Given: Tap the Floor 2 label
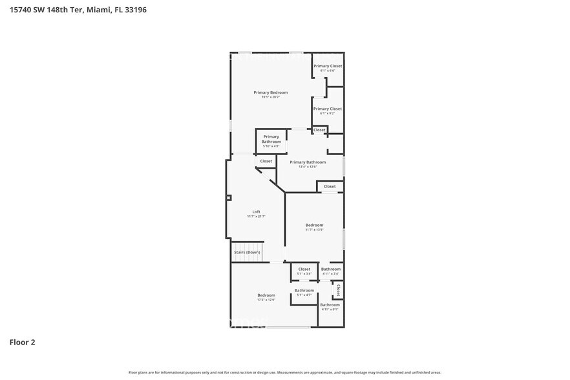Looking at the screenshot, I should click(x=22, y=342).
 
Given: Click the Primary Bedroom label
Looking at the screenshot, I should click(x=270, y=92).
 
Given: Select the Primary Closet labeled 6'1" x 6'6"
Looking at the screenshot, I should click(x=328, y=66).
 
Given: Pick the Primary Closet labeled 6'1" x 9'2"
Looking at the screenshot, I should click(x=328, y=109).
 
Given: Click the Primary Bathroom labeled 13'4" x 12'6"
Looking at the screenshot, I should click(x=308, y=162).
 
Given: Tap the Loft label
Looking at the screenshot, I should click(x=256, y=212).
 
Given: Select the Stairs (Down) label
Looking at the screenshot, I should click(x=248, y=252).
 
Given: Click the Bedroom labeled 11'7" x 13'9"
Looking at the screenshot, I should click(x=314, y=225).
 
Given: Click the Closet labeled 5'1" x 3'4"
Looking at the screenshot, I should click(x=304, y=269).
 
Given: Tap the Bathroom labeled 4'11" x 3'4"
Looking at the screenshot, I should click(x=331, y=269).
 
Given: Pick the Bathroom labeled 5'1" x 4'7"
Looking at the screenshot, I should click(x=304, y=290).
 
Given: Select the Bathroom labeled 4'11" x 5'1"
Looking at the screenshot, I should click(x=330, y=304).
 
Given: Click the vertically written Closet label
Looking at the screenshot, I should click(x=338, y=290).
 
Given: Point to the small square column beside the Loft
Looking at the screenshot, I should click(x=229, y=198).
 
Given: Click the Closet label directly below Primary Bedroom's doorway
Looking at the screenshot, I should click(x=266, y=161).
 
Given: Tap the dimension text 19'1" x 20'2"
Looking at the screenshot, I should click(x=270, y=98).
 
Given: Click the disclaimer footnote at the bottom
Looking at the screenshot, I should click(x=284, y=373).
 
